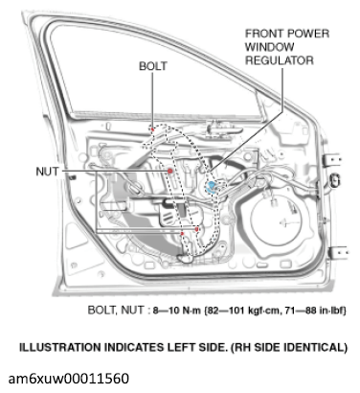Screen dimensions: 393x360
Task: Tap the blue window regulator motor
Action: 212,181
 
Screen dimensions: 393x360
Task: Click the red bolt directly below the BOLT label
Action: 152,127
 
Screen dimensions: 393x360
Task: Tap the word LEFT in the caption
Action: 164,345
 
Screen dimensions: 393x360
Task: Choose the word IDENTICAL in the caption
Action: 309,345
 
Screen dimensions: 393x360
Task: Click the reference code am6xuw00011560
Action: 76,379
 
